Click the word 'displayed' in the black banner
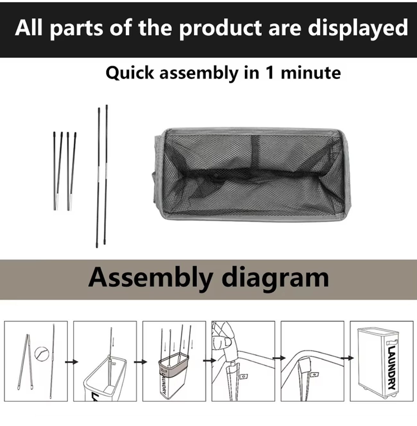(358, 28)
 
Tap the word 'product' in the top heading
(220, 28)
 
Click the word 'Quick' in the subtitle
(130, 73)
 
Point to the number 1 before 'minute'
(270, 73)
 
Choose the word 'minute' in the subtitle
(311, 73)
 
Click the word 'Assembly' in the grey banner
(150, 278)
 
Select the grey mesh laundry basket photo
(252, 174)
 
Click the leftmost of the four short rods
(55, 170)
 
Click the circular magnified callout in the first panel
(41, 353)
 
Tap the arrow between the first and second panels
(71, 362)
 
